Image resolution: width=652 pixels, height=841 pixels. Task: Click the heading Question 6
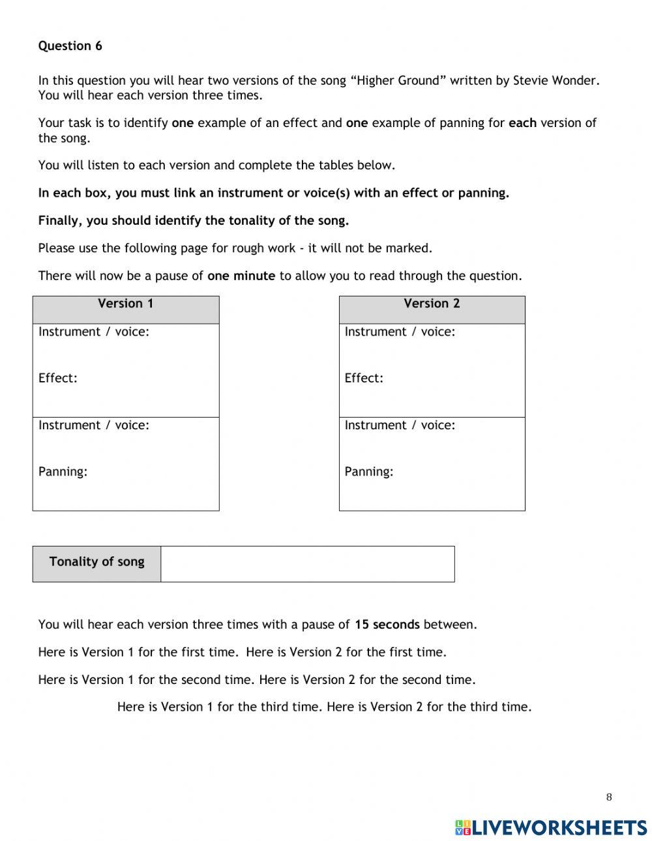[x=70, y=46]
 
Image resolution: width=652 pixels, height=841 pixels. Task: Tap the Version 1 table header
[x=126, y=304]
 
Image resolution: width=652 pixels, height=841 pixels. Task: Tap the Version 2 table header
[x=432, y=304]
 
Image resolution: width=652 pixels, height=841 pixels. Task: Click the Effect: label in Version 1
[x=58, y=378]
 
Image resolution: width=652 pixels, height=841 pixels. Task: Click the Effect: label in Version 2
[x=364, y=378]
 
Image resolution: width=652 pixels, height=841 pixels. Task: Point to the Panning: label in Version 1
[x=63, y=472]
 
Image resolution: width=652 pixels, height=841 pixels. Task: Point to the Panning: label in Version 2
[x=369, y=472]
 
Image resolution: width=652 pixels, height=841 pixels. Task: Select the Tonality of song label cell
[x=96, y=562]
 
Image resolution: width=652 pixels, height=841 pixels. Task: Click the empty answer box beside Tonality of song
[x=307, y=563]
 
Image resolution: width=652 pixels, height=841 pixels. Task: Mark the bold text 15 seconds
[x=387, y=625]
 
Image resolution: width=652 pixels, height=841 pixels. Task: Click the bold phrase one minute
[x=241, y=276]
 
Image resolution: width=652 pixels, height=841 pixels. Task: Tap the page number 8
[x=609, y=797]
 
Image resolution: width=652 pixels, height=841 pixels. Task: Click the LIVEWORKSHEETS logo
[x=551, y=827]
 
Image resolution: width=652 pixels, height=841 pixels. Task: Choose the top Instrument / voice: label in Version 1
[x=94, y=332]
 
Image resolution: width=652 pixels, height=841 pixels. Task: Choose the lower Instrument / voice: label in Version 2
[x=400, y=425]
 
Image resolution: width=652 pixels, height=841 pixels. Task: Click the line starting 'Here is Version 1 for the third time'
[x=324, y=707]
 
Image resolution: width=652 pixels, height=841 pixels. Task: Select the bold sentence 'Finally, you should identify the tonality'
[x=194, y=221]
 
